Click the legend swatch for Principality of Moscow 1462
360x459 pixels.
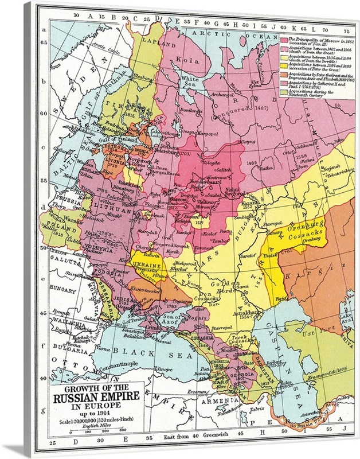point(283,38)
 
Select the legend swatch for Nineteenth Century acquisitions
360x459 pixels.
point(283,92)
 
